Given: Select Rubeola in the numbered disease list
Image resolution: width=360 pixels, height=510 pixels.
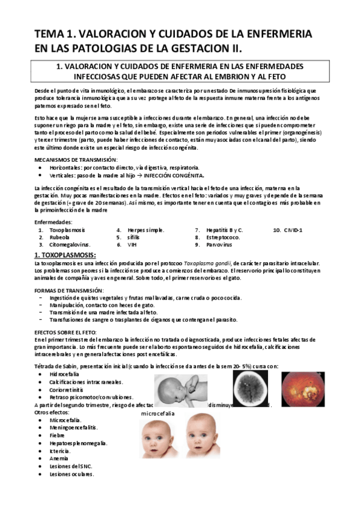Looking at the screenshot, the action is point(61,237).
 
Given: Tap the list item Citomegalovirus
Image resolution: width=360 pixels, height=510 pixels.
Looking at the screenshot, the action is point(70,245).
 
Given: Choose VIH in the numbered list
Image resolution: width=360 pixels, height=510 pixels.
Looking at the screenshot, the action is point(132,245).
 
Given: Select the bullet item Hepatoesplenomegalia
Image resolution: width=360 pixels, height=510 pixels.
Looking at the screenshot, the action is point(79,443).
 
